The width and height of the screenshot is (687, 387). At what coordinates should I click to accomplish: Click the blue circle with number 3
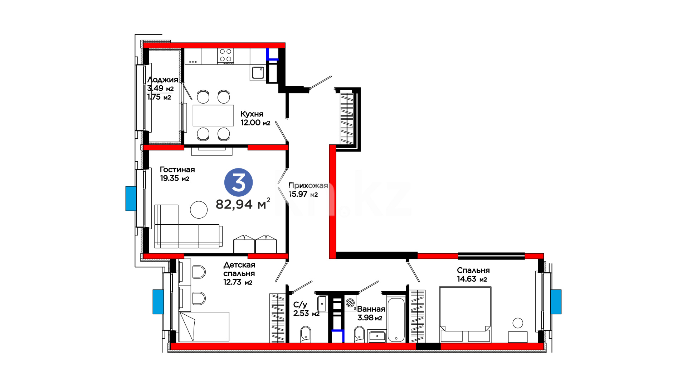coord(238,182)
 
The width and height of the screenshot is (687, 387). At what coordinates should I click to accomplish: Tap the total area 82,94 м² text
coord(243,204)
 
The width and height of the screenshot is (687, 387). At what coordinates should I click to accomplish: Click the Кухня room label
coord(252,114)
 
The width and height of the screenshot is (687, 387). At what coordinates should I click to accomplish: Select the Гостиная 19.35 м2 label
coord(177,174)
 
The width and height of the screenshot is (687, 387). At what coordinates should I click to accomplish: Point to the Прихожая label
coord(308,185)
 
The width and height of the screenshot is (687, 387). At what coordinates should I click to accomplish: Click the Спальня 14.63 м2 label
coord(473,274)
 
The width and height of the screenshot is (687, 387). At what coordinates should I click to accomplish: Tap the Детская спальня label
coord(239,269)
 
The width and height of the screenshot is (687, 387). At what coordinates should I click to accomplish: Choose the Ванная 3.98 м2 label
coord(371,313)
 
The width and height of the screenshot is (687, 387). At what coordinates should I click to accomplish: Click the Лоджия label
coord(162,80)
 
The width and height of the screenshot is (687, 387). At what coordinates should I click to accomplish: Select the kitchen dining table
coord(213,115)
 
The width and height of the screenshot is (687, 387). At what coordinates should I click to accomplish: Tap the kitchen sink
coord(258,73)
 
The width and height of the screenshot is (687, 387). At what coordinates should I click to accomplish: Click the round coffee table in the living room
coord(199,210)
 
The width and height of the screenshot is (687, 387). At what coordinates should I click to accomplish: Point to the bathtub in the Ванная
coord(396,320)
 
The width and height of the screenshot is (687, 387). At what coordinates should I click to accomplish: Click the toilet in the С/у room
coord(305,334)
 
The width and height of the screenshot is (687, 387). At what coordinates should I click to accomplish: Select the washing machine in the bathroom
coord(350,302)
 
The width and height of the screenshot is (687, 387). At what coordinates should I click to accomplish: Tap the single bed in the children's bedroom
coord(204,326)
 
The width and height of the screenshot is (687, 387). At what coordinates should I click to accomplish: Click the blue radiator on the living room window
coord(131,199)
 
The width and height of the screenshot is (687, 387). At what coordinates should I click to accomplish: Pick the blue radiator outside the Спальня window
coord(556,302)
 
